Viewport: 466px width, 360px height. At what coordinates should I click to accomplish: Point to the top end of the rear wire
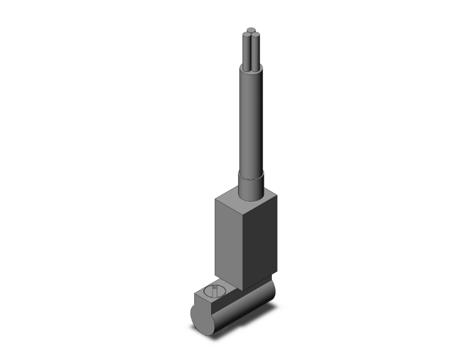click(x=251, y=29)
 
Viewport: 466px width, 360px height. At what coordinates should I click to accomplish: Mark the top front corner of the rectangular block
click(x=241, y=211)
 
